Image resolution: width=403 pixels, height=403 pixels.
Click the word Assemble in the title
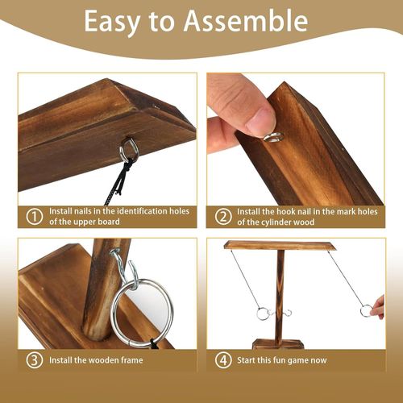pyautogui.click(x=246, y=21)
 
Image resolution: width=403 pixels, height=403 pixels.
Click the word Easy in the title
pyautogui.click(x=112, y=23)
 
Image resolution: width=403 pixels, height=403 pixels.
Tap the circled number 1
pyautogui.click(x=35, y=217)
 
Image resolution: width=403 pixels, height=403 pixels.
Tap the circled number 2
pyautogui.click(x=223, y=217)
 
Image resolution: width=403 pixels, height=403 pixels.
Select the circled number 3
pyautogui.click(x=35, y=360)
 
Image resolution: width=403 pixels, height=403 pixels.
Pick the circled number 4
pyautogui.click(x=223, y=360)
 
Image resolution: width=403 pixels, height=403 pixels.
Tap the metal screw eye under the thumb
pyautogui.click(x=274, y=138)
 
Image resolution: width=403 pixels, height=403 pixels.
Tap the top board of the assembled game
pyautogui.click(x=280, y=245)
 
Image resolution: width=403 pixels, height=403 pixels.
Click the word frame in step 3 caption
pyautogui.click(x=131, y=360)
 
